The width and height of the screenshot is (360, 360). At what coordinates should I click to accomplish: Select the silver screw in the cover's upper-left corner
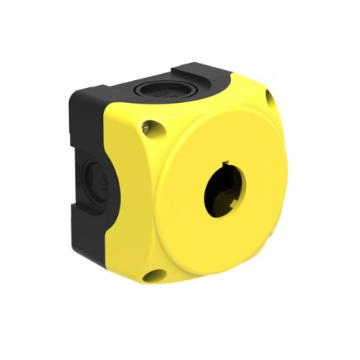coord(148,123)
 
